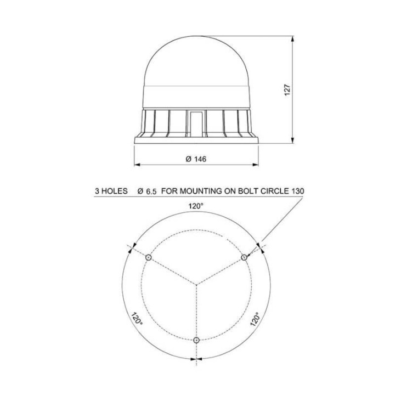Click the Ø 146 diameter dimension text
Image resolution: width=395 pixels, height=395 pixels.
[x=196, y=159]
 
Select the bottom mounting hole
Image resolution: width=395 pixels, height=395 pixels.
[x=196, y=341]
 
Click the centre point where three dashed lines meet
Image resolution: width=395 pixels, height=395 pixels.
[x=196, y=284]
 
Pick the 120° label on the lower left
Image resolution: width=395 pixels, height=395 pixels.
[x=137, y=320]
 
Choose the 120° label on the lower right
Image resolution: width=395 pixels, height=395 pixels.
[x=255, y=319]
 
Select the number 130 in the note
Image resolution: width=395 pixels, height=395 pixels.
[x=297, y=191]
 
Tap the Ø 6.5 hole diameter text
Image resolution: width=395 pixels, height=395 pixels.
[x=148, y=191]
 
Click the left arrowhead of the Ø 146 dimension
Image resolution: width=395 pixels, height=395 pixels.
[x=137, y=164]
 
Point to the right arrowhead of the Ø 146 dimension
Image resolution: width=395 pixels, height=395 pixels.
[x=255, y=164]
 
